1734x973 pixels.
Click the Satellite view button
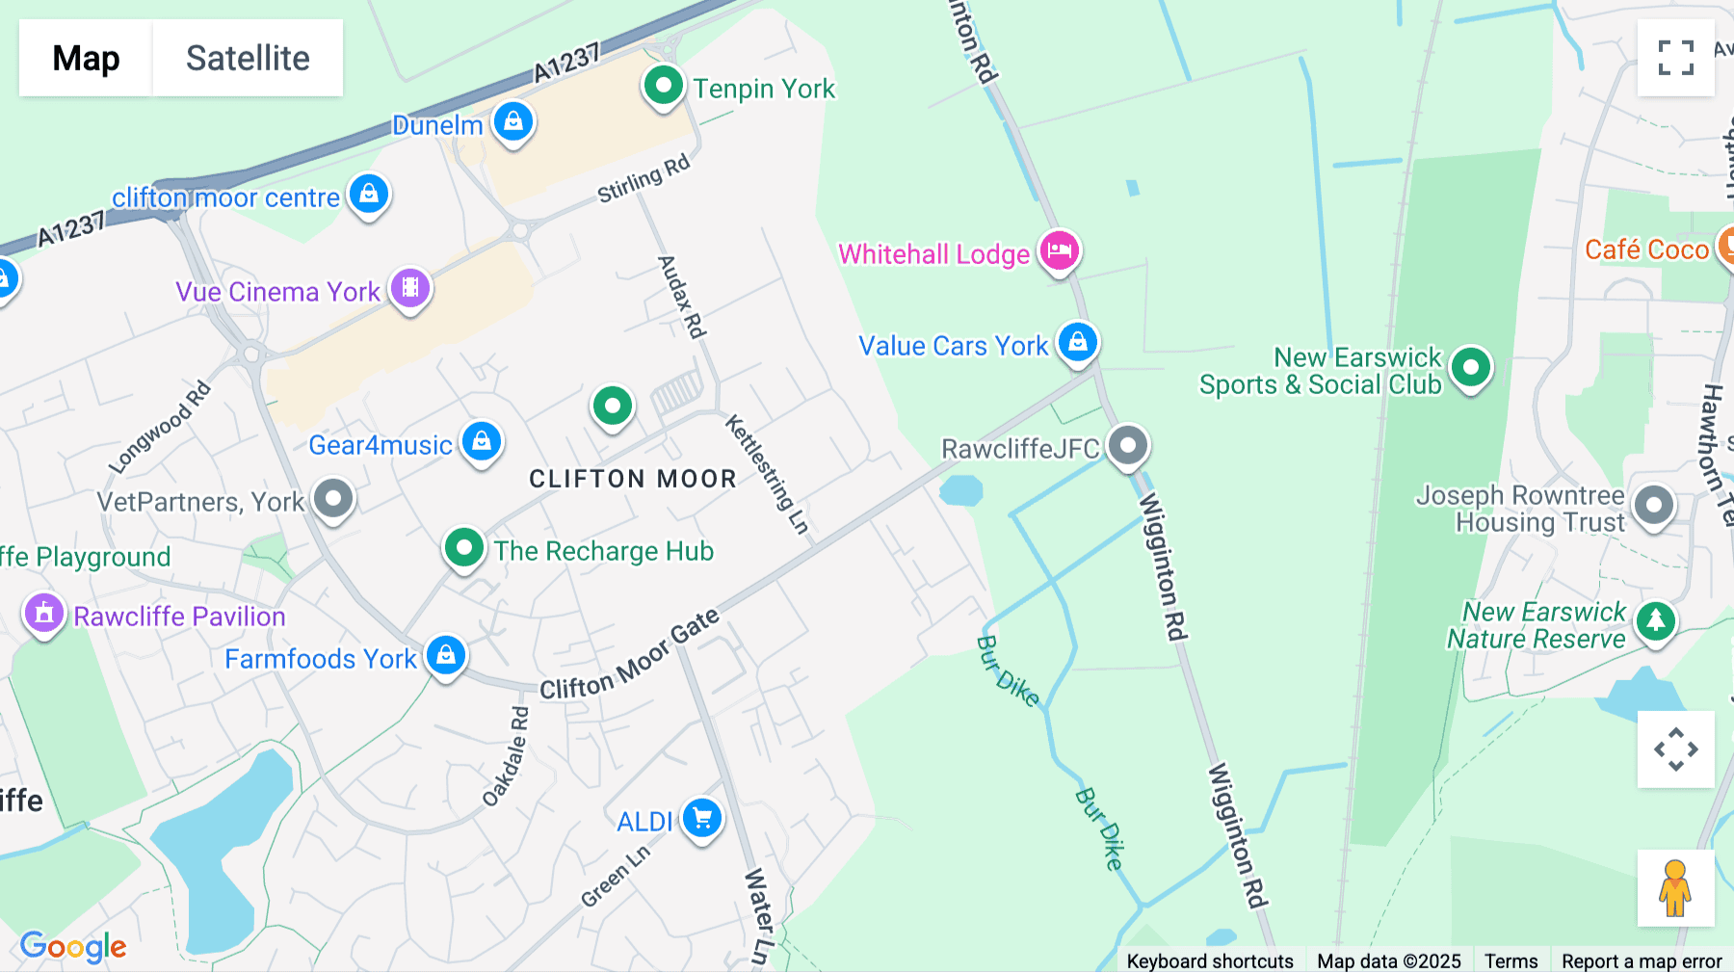click(x=248, y=58)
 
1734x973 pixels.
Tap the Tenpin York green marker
click(x=663, y=87)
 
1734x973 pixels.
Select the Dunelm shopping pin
click(x=513, y=122)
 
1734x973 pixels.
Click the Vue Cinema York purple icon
click(x=410, y=288)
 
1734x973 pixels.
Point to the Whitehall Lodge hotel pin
click(x=1060, y=251)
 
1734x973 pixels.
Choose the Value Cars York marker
click(x=1078, y=343)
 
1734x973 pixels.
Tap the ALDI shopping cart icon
click(x=702, y=819)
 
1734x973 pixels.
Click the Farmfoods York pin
click(x=445, y=656)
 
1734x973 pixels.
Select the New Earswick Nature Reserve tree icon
click(x=1656, y=621)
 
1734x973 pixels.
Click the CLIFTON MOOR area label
click(x=633, y=479)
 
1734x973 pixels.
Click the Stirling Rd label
click(x=644, y=178)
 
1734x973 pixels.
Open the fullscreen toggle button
click(x=1676, y=58)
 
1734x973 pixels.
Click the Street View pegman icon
click(x=1675, y=888)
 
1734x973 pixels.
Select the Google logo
click(x=73, y=947)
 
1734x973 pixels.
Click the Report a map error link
click(x=1642, y=961)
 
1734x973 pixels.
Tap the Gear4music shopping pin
click(x=482, y=442)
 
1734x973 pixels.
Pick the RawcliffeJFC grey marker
click(x=1128, y=446)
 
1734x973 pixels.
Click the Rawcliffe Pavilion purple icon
click(x=44, y=614)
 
